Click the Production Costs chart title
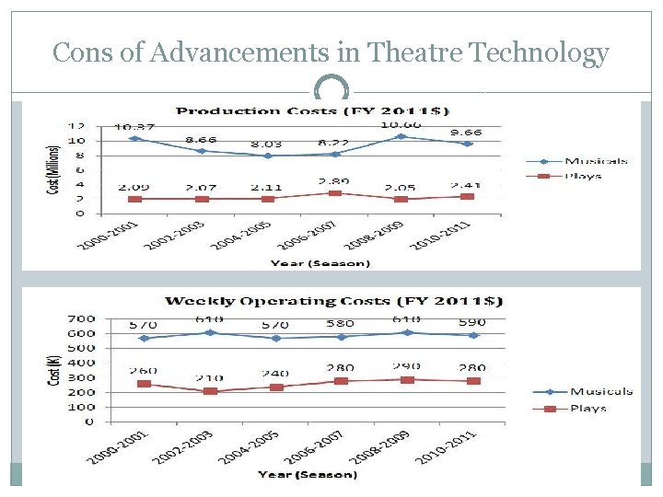[312, 111]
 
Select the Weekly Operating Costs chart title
[333, 301]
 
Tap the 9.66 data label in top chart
[464, 133]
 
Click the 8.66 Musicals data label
[201, 140]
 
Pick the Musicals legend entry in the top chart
[595, 161]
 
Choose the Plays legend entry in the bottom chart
[587, 408]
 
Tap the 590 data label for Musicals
[471, 323]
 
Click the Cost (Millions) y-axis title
[52, 170]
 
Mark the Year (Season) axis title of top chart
[320, 263]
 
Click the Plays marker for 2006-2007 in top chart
[336, 193]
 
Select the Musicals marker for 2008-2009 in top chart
[401, 136]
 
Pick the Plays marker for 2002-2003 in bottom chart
[211, 391]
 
